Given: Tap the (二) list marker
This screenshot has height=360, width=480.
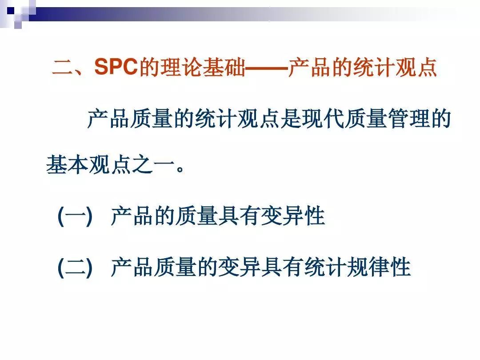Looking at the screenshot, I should [75, 268].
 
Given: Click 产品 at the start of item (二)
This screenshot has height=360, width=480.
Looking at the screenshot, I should [132, 268].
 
